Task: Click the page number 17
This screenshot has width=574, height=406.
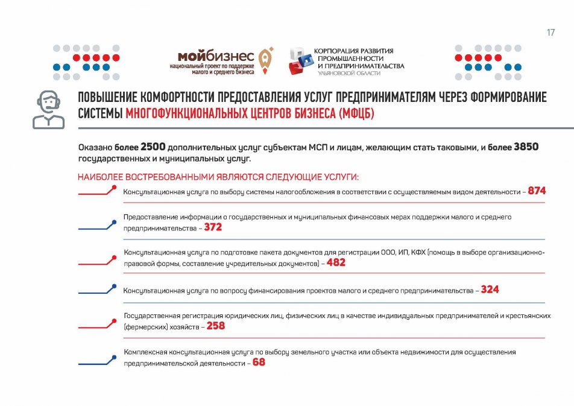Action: click(550, 33)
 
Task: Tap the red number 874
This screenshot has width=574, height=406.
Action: click(537, 191)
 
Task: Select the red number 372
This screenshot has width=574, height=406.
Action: click(213, 227)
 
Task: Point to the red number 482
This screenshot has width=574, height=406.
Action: click(336, 263)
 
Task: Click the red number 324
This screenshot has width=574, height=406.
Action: click(490, 290)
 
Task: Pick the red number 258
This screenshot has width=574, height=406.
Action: click(215, 326)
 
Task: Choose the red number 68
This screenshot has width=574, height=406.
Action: click(259, 362)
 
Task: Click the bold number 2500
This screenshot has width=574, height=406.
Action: click(153, 147)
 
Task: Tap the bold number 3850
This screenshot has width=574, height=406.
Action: click(526, 147)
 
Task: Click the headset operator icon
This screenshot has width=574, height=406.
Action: click(48, 109)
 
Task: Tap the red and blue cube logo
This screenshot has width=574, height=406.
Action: click(300, 61)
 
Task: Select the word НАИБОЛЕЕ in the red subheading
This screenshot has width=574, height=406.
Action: click(100, 177)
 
